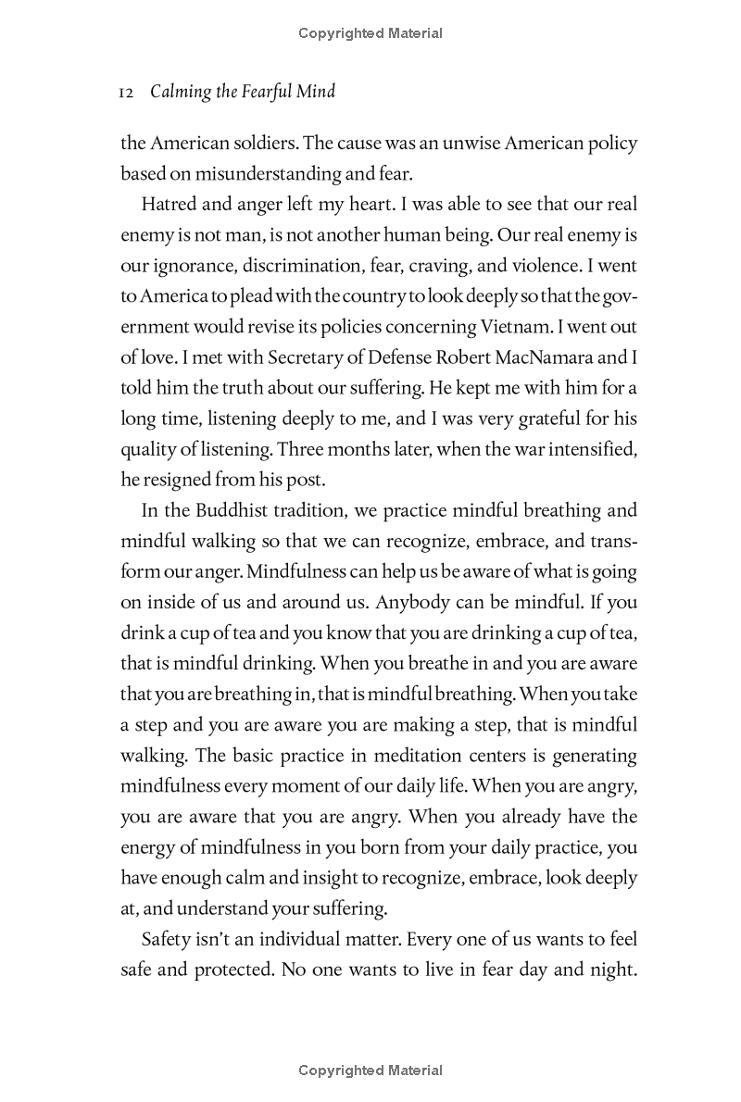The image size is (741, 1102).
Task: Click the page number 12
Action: (x=129, y=93)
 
